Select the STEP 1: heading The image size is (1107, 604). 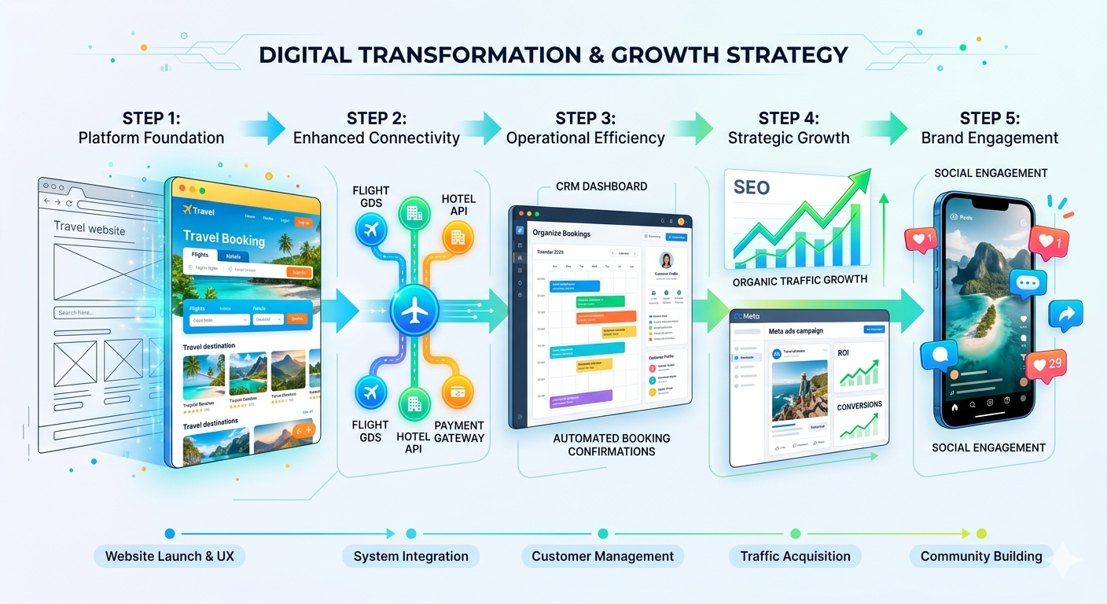tap(151, 119)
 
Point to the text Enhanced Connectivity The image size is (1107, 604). tap(376, 138)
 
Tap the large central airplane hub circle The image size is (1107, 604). tap(414, 310)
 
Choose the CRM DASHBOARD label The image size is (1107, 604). tap(601, 186)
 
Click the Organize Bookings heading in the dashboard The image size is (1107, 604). tap(561, 233)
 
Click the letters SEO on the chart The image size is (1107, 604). tap(752, 188)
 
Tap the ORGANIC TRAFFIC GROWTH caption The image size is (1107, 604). tap(800, 280)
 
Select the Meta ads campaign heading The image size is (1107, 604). tap(796, 331)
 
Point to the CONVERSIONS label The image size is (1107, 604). tap(859, 405)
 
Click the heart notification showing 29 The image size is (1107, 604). tap(1046, 364)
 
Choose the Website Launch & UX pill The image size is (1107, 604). tap(170, 557)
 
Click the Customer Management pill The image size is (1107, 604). tap(602, 557)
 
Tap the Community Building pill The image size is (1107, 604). tap(981, 557)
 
